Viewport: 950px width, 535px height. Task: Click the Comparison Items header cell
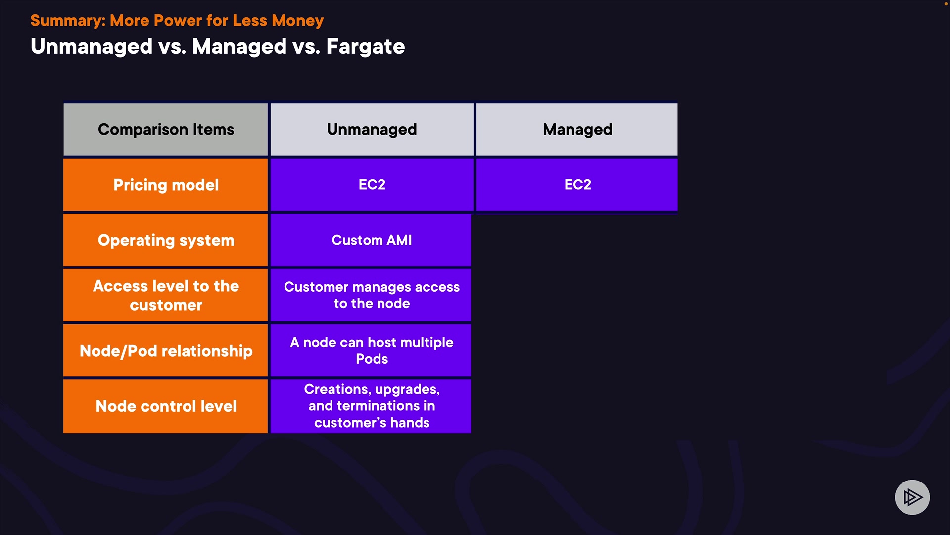click(166, 129)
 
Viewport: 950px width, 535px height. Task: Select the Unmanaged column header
click(372, 129)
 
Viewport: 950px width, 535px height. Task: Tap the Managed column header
click(577, 129)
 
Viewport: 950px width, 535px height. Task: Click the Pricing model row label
click(166, 185)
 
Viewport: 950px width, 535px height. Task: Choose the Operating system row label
click(166, 240)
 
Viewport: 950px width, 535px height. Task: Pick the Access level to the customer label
click(166, 295)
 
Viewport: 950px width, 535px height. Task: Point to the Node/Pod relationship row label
click(166, 351)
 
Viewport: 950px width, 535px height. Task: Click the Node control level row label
click(166, 406)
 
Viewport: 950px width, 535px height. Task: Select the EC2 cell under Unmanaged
click(372, 185)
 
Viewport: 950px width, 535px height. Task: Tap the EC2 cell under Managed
click(577, 185)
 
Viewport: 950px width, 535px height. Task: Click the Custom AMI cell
click(371, 240)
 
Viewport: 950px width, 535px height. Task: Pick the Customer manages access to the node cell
click(371, 295)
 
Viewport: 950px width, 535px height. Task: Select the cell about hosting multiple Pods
click(371, 351)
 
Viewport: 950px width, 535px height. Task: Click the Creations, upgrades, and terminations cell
click(371, 406)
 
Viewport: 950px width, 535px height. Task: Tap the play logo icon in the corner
click(912, 497)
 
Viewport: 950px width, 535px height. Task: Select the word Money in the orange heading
click(298, 21)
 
